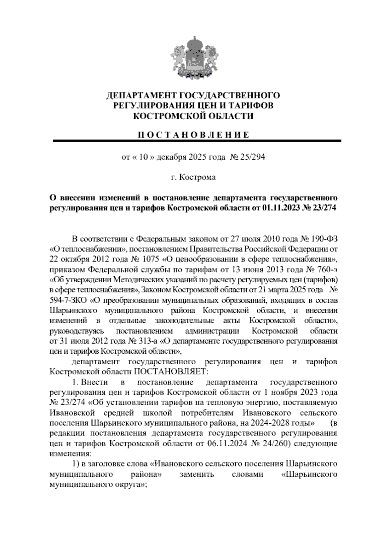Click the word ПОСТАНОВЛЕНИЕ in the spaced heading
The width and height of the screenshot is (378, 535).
[194, 135]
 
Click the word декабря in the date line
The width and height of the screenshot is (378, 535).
[171, 157]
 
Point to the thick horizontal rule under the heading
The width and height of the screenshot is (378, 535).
[197, 141]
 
